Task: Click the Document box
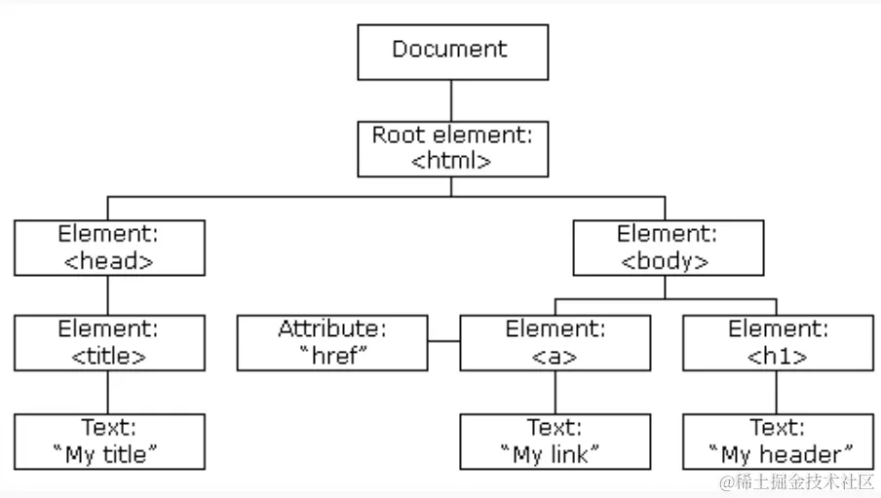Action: coord(452,52)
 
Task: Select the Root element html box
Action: coord(452,148)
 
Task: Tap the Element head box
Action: coord(109,247)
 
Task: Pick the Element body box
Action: coord(667,247)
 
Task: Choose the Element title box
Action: coord(109,342)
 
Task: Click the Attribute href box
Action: coord(331,342)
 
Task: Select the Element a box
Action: coord(555,342)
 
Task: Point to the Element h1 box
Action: coord(777,342)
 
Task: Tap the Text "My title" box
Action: coord(109,441)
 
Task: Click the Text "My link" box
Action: coord(555,441)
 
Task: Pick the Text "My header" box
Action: coord(777,441)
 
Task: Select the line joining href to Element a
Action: coord(443,342)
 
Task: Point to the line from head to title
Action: coord(108,294)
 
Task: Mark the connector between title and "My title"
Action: coord(108,392)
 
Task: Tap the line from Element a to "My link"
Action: coord(555,392)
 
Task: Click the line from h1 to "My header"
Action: coord(777,392)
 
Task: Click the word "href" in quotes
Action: coord(332,356)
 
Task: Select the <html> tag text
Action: coord(451,162)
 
